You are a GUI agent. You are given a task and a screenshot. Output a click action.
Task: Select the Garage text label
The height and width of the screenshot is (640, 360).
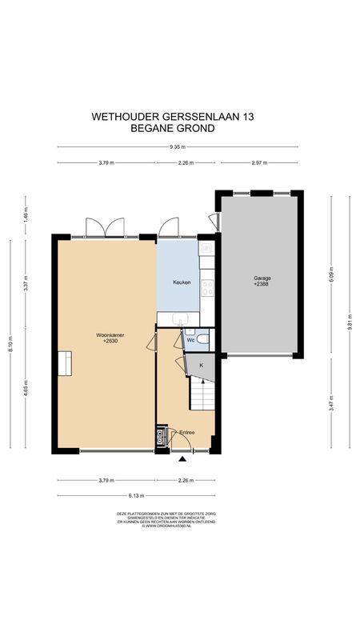[x=262, y=278]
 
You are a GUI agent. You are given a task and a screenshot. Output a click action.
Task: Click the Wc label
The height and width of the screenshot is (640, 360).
[x=190, y=340]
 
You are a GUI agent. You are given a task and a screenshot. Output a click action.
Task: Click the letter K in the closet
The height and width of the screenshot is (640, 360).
[x=202, y=366]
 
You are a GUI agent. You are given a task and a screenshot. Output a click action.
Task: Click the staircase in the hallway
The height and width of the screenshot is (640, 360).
[x=202, y=394]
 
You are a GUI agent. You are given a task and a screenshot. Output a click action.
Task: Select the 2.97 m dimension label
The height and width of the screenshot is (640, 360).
[x=258, y=162]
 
